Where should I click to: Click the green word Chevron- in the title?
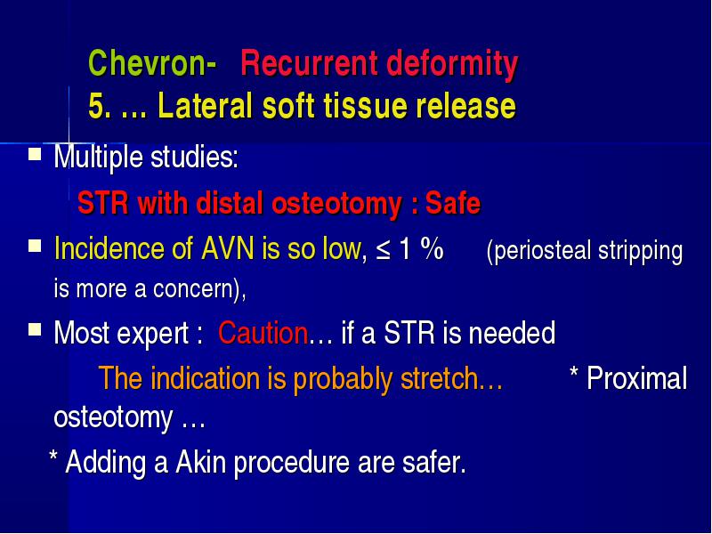click(152, 62)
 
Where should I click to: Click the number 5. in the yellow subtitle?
click(100, 105)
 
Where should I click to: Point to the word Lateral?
click(205, 105)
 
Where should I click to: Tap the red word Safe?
click(453, 203)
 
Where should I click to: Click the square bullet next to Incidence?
click(35, 246)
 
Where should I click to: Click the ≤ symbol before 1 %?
click(384, 250)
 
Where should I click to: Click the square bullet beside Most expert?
click(35, 328)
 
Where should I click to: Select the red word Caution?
click(263, 333)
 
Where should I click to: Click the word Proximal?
click(637, 378)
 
